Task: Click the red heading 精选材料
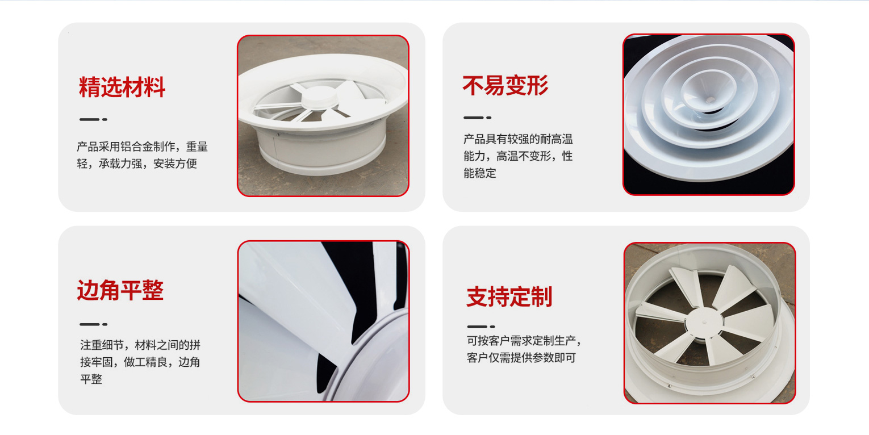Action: pyautogui.click(x=122, y=87)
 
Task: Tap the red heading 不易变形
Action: pyautogui.click(x=505, y=85)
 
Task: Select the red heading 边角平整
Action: pyautogui.click(x=120, y=290)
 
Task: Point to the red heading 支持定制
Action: pyautogui.click(x=509, y=297)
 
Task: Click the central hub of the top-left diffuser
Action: pyautogui.click(x=320, y=98)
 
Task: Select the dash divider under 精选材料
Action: pyautogui.click(x=93, y=119)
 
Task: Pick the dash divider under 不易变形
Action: pyautogui.click(x=477, y=118)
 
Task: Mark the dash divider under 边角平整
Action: pyautogui.click(x=93, y=324)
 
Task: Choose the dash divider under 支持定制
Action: pyautogui.click(x=481, y=327)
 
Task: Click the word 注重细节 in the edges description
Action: pyautogui.click(x=102, y=345)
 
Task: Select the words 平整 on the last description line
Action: pyautogui.click(x=91, y=379)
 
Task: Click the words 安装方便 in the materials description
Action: pyautogui.click(x=175, y=164)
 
